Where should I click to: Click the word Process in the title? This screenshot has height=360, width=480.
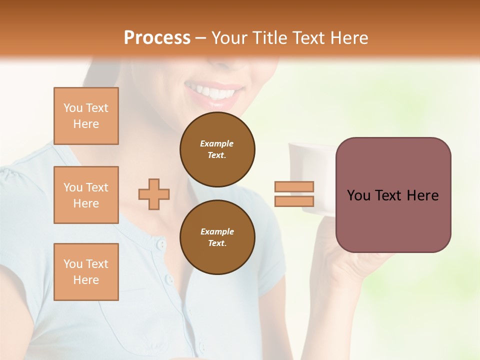point(157,38)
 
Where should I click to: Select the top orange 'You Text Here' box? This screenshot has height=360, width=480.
point(86,116)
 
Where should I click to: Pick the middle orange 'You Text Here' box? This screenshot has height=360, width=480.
point(86,195)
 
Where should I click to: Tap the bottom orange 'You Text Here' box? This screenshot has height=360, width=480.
point(86,272)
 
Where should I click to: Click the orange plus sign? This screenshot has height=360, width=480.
point(154,194)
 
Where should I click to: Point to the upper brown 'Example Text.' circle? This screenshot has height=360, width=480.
point(217,149)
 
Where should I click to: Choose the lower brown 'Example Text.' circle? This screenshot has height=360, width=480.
point(217,237)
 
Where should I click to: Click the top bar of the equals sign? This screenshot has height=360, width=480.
point(294,186)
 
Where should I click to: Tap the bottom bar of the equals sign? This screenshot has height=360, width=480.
point(294,201)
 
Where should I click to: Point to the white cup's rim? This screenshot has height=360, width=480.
point(310,145)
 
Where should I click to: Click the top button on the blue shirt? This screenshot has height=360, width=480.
point(160,244)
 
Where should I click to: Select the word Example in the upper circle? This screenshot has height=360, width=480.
point(216,144)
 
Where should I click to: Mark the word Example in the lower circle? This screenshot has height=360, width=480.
point(217,232)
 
